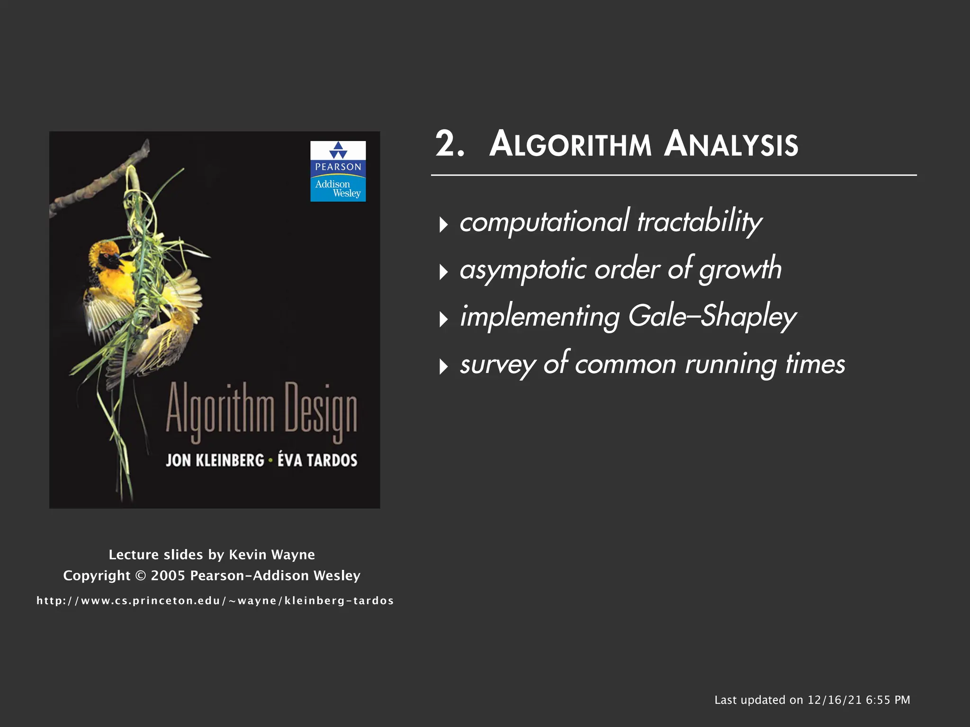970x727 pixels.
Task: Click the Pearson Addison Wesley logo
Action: [x=338, y=171]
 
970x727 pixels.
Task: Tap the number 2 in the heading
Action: [x=445, y=144]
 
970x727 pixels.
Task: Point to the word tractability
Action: [x=700, y=222]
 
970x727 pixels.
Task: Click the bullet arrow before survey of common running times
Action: [x=443, y=366]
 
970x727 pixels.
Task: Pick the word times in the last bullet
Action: [x=815, y=364]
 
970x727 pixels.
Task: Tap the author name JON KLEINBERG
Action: [x=215, y=460]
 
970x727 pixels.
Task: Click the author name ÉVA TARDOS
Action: [x=317, y=460]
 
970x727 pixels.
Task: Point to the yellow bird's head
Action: [x=107, y=256]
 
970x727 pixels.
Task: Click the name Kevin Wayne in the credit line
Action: [x=272, y=554]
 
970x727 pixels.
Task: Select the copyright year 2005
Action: [x=168, y=576]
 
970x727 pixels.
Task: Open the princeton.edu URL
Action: [x=215, y=601]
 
